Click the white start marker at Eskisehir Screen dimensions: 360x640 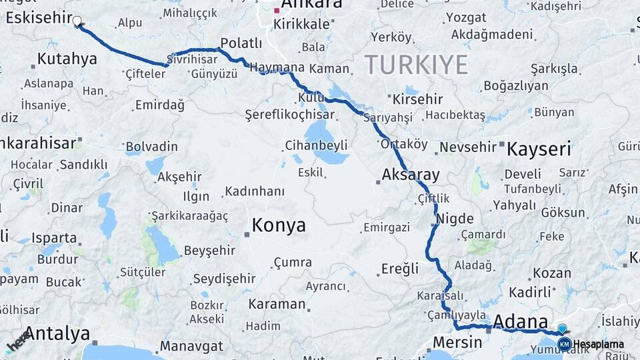coord(77,21)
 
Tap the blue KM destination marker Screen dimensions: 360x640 coord(564,343)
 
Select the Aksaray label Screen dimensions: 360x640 coord(411,175)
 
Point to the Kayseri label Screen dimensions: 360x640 coord(539,149)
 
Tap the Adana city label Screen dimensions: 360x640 coord(520,321)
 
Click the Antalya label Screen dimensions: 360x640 coord(57,333)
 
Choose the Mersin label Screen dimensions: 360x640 coord(457,343)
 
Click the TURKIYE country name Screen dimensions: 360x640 coord(416,65)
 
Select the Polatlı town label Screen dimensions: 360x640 coord(241,43)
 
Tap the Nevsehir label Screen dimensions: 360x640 coord(469,147)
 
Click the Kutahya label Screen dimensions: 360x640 coord(67,59)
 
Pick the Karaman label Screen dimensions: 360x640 coord(277,304)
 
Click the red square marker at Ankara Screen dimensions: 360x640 coord(277,11)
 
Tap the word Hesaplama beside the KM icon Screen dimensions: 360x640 coord(599,344)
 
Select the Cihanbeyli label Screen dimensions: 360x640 coord(316,145)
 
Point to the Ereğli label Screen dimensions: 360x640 coord(400,269)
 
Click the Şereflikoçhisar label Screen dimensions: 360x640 coord(289,115)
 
